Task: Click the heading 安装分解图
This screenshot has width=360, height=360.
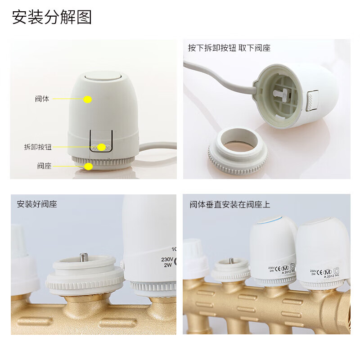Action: [52, 18]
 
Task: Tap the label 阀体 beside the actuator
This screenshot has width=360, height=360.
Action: [42, 99]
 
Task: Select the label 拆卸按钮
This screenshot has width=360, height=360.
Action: [38, 147]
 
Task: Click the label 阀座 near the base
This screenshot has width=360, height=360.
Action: [44, 166]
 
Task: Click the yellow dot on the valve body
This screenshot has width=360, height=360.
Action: [87, 99]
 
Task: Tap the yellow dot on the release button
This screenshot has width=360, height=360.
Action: [102, 147]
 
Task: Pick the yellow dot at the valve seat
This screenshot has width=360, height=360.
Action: [89, 166]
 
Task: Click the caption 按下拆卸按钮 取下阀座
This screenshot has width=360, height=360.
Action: [229, 48]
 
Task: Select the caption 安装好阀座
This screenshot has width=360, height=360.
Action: [37, 204]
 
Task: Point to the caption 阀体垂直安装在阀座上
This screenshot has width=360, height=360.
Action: [230, 204]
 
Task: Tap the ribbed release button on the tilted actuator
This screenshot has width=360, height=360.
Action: [312, 99]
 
